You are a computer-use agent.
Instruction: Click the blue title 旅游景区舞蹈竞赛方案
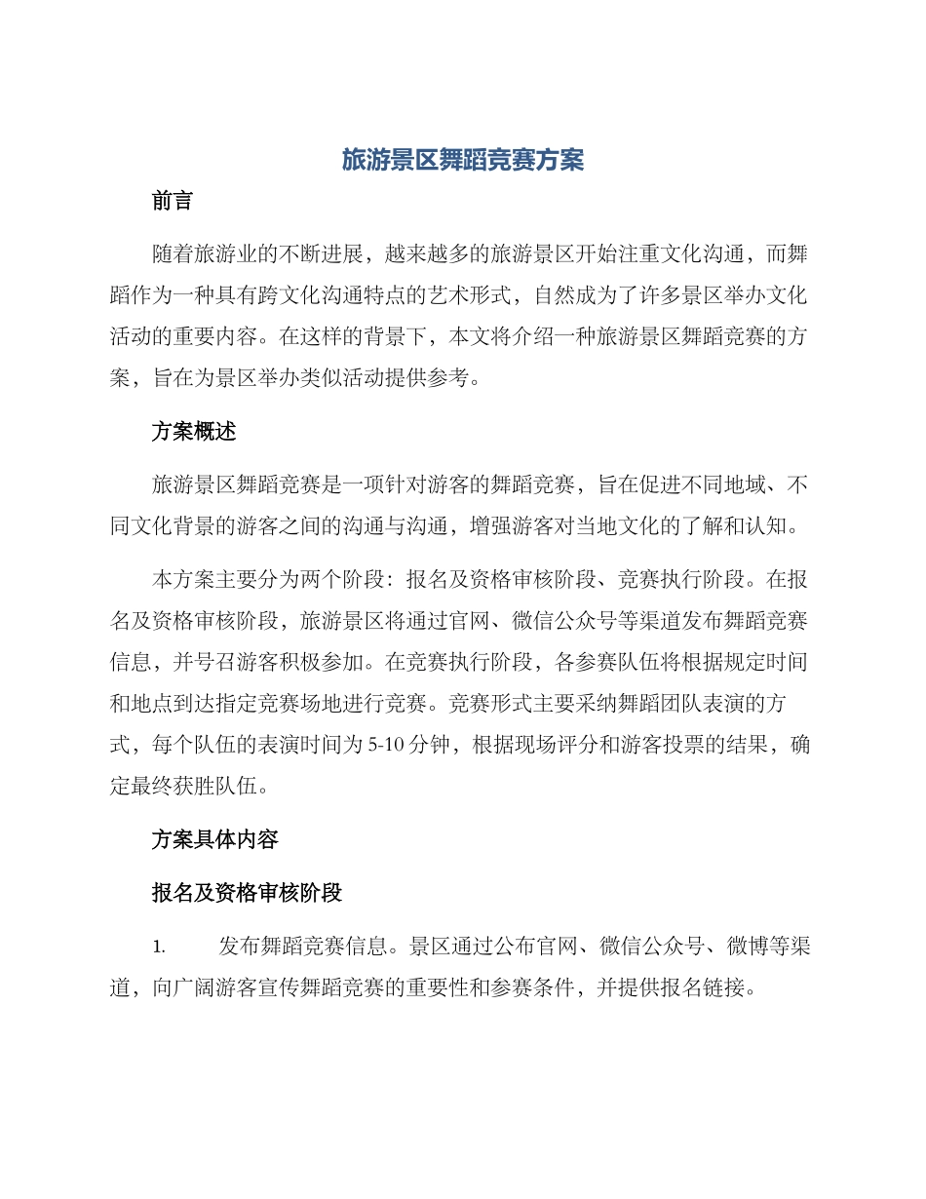[462, 161]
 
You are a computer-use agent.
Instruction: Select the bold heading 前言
[173, 202]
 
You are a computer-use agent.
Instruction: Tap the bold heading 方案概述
[194, 433]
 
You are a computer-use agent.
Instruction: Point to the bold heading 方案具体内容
[215, 839]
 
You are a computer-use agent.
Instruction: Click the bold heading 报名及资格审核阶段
[247, 893]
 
